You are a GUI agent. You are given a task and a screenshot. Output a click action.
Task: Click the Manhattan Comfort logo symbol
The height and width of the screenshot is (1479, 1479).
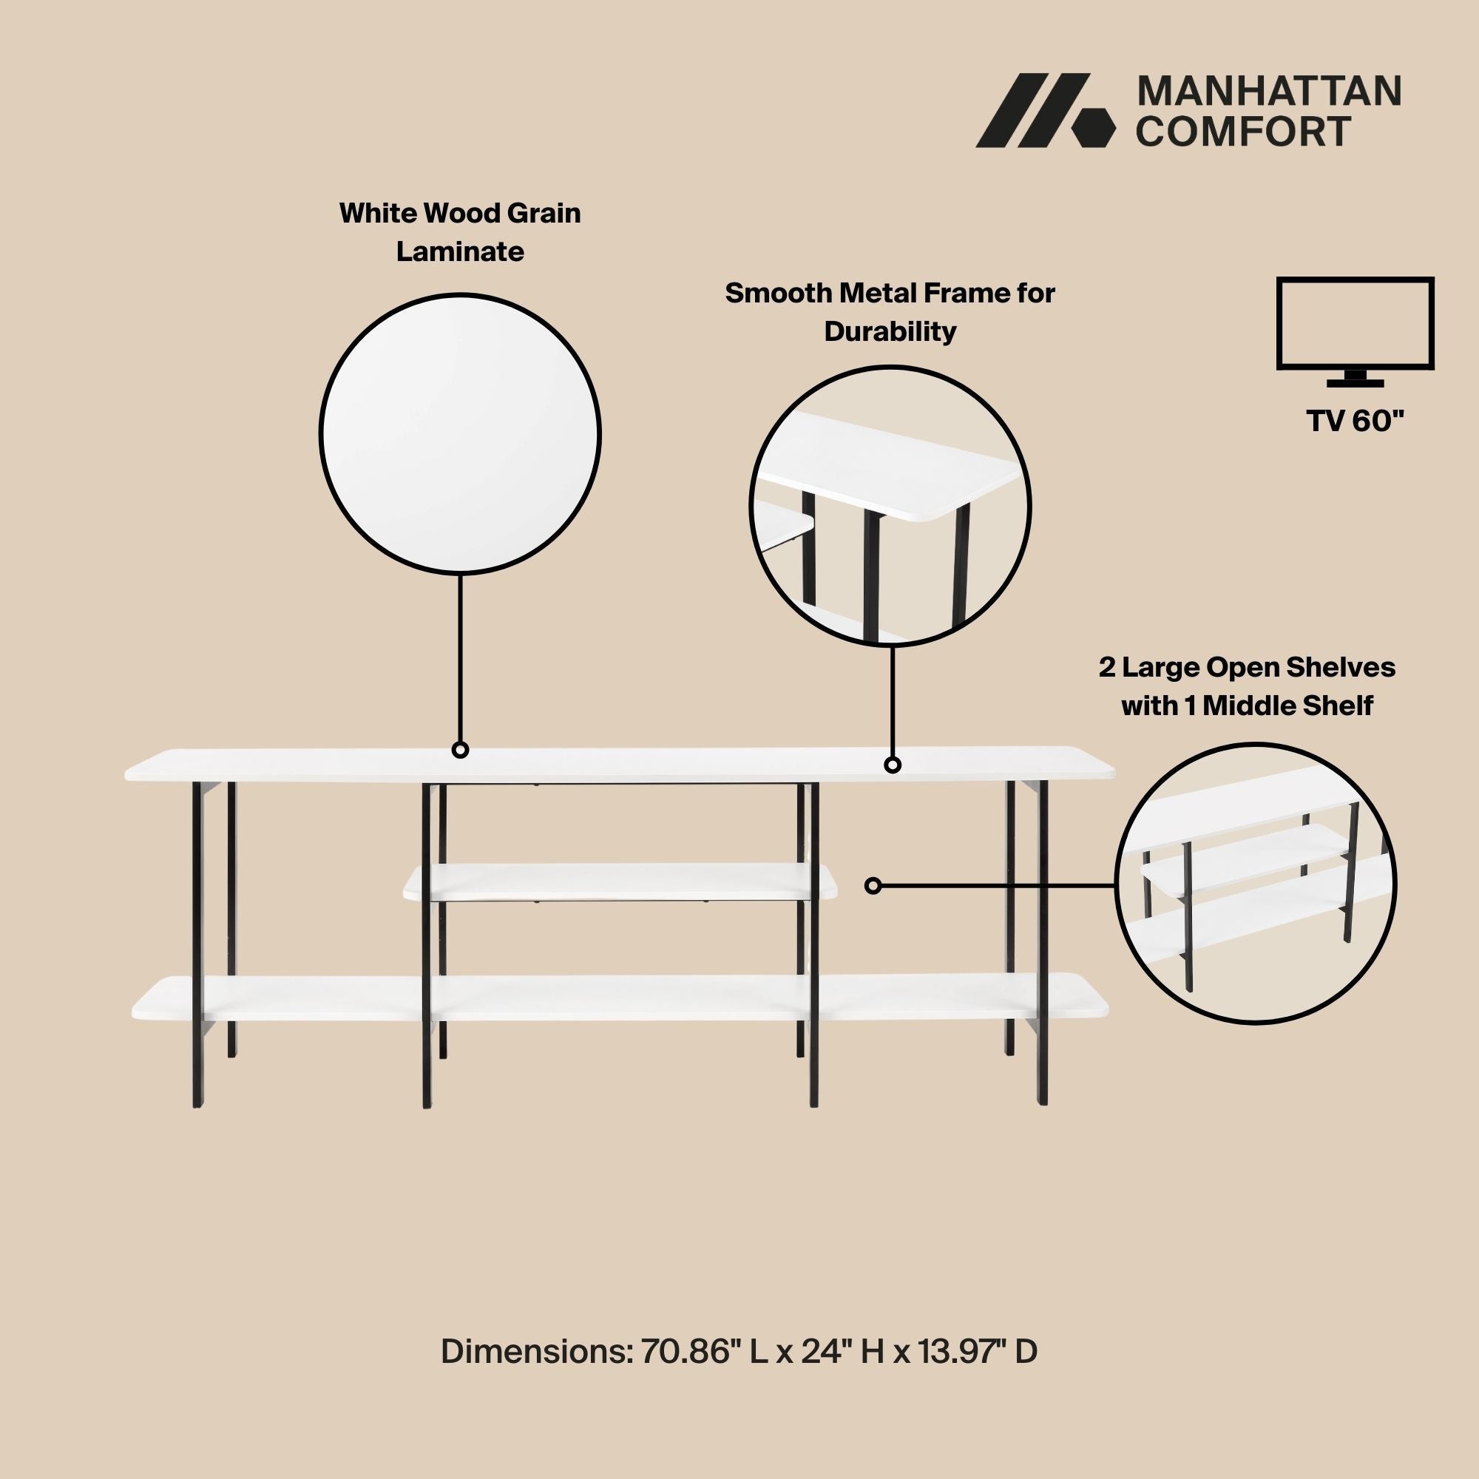tap(1046, 110)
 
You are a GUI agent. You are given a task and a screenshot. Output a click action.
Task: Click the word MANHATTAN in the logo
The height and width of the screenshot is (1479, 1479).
tap(1269, 92)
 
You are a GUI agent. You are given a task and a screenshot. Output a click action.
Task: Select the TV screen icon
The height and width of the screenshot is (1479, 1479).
tap(1355, 332)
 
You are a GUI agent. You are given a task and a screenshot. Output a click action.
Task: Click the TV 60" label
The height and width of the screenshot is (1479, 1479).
tap(1355, 421)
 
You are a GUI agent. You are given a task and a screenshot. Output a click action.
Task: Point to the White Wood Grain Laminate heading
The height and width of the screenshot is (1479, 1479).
tap(460, 232)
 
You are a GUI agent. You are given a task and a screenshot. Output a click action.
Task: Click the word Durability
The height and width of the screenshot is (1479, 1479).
tap(890, 331)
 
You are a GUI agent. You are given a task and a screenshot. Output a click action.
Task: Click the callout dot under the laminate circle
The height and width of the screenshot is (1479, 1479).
tap(460, 749)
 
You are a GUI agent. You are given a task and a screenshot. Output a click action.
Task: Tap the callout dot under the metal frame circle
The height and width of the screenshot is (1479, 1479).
tap(893, 764)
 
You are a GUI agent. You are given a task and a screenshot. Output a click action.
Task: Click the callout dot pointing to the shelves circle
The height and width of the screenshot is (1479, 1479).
tap(873, 886)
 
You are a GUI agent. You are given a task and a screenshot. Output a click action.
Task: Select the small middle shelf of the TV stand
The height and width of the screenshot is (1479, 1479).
tap(620, 881)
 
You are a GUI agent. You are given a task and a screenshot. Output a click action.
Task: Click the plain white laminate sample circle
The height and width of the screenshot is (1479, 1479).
tap(460, 434)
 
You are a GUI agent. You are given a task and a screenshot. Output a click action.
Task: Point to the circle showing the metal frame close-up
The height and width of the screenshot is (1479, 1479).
tap(890, 506)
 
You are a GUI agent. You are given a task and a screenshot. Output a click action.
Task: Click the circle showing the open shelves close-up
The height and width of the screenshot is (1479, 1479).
tap(1256, 884)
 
